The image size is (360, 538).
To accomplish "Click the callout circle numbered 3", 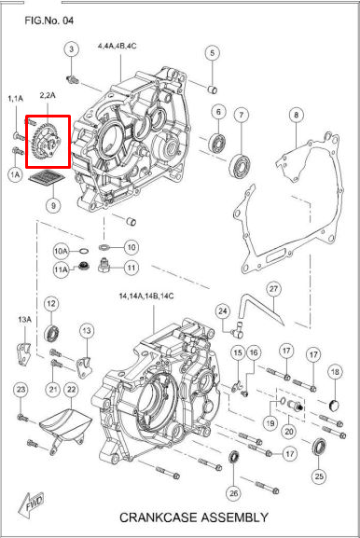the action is coord(72,49).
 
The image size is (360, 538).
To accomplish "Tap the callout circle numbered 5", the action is coord(212,53).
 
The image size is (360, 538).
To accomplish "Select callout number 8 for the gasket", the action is coord(297,115).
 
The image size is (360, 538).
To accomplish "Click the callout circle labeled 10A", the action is coord(61,251).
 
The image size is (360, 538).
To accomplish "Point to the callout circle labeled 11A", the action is coord(61,269).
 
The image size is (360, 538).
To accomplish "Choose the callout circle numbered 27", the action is coord(273,289).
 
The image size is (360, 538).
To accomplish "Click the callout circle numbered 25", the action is coord(319,476).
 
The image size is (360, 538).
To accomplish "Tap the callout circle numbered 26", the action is coord(233,493).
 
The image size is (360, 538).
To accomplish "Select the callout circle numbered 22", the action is coord(71,390).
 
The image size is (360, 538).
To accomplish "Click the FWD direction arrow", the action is coord(32,505).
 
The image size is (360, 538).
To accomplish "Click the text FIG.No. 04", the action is coord(49,21).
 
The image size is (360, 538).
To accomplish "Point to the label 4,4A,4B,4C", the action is coord(117,46).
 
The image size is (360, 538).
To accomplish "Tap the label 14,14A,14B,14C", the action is coord(146,297).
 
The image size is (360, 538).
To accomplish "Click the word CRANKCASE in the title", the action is coord(158,517).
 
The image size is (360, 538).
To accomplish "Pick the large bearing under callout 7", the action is coord(241,166).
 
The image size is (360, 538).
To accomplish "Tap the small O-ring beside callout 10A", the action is coord(83,251).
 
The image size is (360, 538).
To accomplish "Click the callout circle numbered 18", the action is coord(335,372).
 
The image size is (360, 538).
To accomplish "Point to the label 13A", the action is coord(24,320).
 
